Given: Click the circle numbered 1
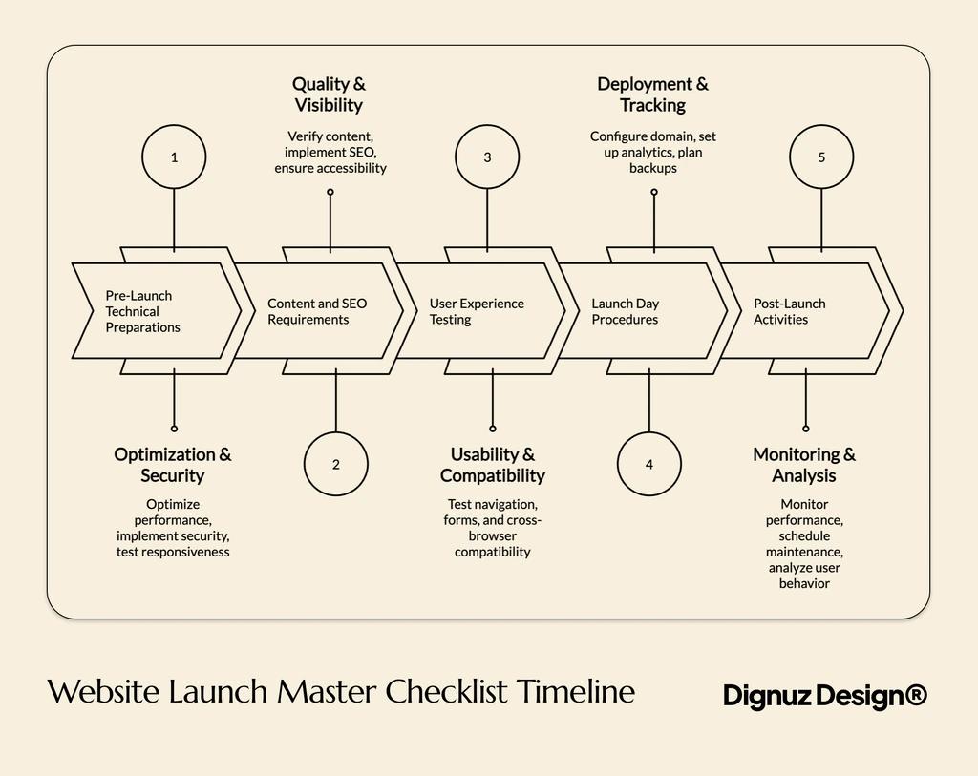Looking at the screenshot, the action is [x=174, y=157].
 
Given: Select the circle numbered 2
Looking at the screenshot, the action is [x=336, y=465].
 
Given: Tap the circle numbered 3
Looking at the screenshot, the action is [x=487, y=157].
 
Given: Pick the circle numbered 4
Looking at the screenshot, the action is [x=649, y=465].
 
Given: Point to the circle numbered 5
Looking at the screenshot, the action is [x=821, y=157].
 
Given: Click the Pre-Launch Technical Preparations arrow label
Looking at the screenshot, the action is [x=142, y=311].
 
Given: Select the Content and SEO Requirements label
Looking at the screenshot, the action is [x=316, y=311].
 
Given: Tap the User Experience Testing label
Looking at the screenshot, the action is [x=476, y=311].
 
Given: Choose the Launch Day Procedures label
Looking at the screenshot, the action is [x=625, y=311].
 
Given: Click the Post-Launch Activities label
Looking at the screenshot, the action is [x=789, y=311].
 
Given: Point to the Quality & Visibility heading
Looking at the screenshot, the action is [x=329, y=94].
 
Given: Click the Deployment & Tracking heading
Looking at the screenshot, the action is [x=652, y=94].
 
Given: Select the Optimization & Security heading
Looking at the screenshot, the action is [x=173, y=465].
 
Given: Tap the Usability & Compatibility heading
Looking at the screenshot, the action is [x=492, y=465].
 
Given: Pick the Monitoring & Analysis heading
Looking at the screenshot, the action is [x=804, y=465].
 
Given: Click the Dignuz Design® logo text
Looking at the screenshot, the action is [x=824, y=695].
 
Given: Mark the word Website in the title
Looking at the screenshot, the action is [x=105, y=691].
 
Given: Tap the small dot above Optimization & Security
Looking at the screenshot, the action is [x=174, y=429].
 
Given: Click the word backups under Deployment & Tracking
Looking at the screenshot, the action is [x=652, y=168].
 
